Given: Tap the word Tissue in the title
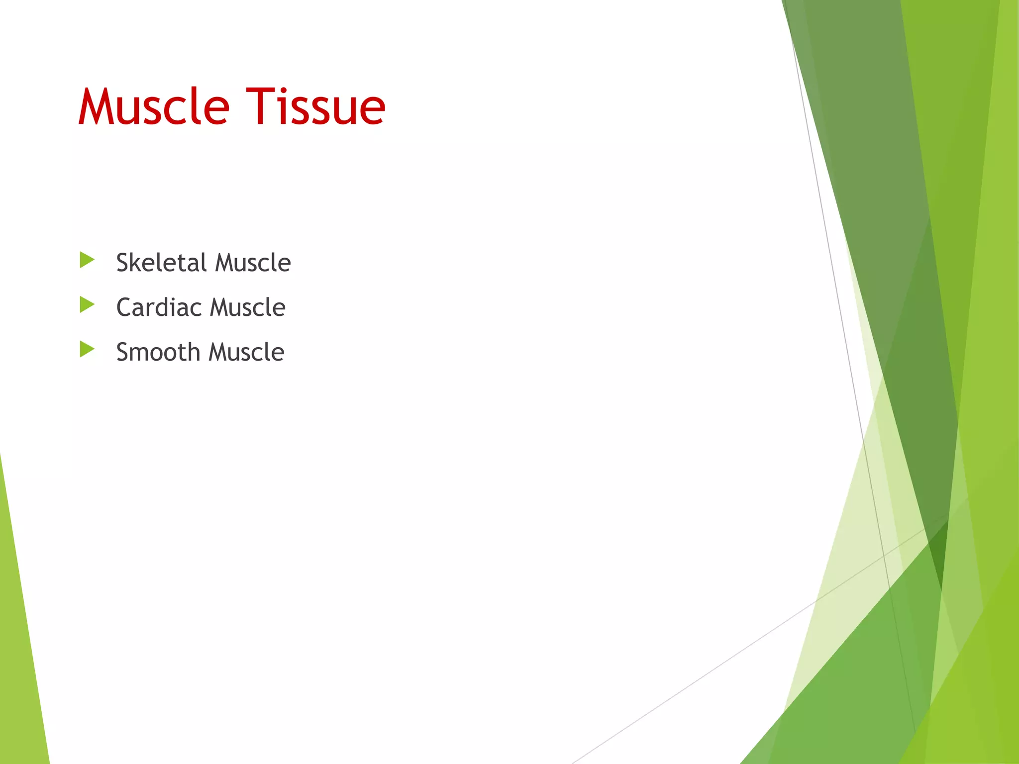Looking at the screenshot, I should pyautogui.click(x=316, y=107).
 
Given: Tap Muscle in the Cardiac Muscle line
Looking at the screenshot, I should pyautogui.click(x=248, y=307).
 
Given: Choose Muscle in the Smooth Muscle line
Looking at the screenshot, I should pyautogui.click(x=246, y=352).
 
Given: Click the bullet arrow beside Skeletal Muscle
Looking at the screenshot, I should pyautogui.click(x=87, y=260).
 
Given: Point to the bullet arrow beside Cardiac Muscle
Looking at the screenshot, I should pyautogui.click(x=87, y=304).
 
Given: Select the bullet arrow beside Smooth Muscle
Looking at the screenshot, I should pyautogui.click(x=87, y=349).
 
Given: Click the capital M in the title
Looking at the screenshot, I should pyautogui.click(x=97, y=107).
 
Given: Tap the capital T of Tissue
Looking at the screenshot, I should pyautogui.click(x=261, y=107).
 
